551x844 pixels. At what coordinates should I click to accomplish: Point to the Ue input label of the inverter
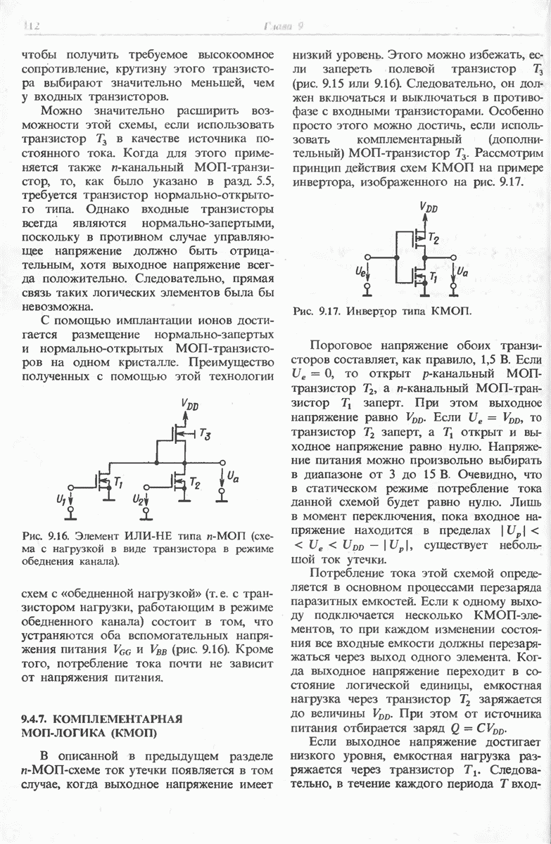click(360, 271)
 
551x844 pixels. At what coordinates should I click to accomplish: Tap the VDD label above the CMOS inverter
click(428, 208)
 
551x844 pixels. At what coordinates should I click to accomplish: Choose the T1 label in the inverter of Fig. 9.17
click(433, 278)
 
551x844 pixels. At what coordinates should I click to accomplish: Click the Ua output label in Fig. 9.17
click(462, 271)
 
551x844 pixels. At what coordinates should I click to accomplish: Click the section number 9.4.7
click(36, 719)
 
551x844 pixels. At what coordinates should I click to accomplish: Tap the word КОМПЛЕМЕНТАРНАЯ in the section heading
click(118, 719)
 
